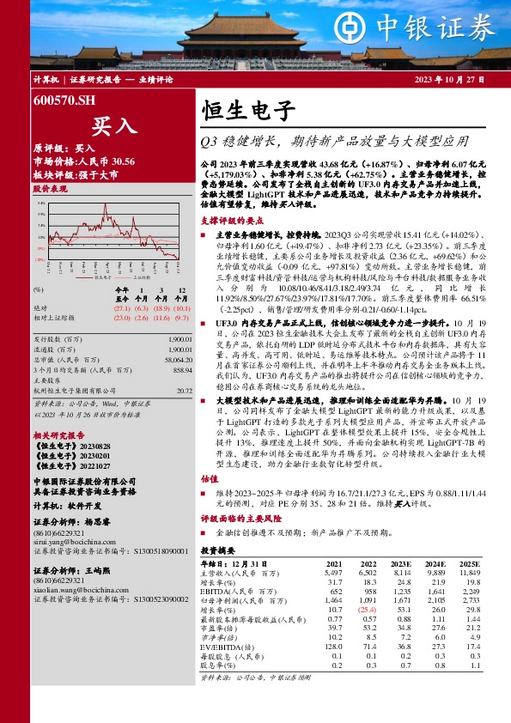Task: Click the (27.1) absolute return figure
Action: click(120, 307)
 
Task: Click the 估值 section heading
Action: click(209, 503)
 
